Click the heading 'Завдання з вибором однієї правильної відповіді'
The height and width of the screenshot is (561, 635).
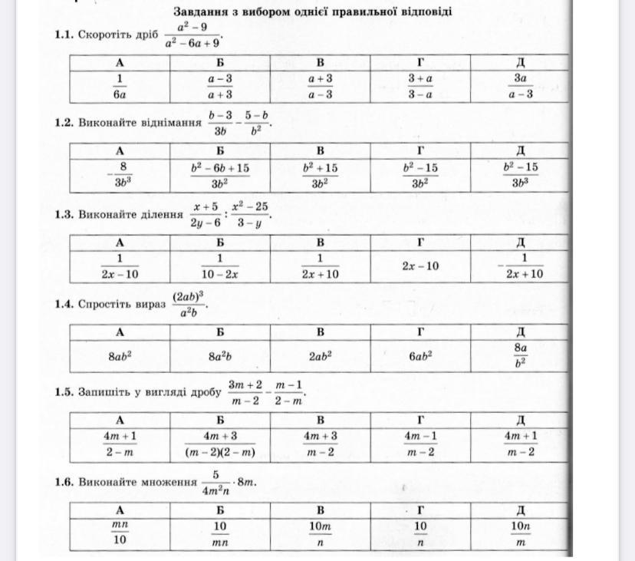pyautogui.click(x=312, y=12)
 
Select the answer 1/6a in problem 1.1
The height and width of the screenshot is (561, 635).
pyautogui.click(x=120, y=87)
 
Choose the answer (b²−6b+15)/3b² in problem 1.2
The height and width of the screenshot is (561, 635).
pyautogui.click(x=219, y=175)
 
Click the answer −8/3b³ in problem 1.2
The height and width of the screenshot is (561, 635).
pyautogui.click(x=120, y=175)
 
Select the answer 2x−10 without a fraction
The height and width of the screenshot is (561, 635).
pyautogui.click(x=420, y=266)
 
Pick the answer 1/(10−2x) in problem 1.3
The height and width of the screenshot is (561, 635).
pyautogui.click(x=219, y=266)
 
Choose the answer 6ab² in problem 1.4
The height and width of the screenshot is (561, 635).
pyautogui.click(x=420, y=355)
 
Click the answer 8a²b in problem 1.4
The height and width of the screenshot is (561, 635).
pyautogui.click(x=219, y=355)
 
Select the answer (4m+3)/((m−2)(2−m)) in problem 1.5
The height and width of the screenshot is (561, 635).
pyautogui.click(x=219, y=444)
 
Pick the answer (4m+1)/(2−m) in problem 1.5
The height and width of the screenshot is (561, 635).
pyautogui.click(x=120, y=444)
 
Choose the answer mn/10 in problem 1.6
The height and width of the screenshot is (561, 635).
pyautogui.click(x=120, y=532)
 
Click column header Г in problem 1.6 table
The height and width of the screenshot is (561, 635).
pyautogui.click(x=420, y=510)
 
